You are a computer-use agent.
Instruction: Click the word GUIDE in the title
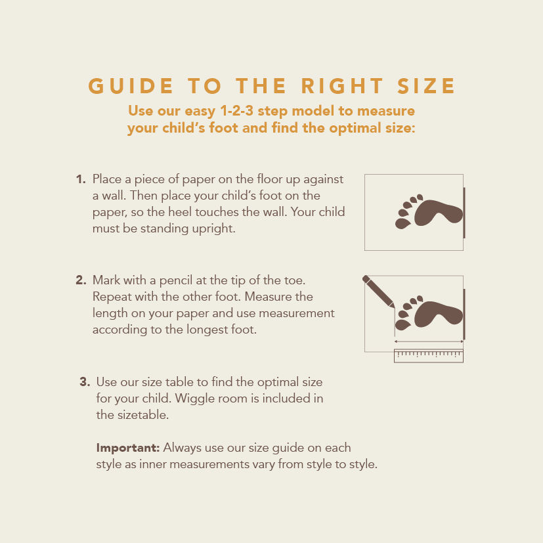click(131, 86)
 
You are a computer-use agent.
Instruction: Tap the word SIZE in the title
click(426, 86)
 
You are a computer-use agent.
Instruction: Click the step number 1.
click(81, 179)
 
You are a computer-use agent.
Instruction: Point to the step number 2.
click(81, 280)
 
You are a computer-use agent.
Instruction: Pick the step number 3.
click(85, 382)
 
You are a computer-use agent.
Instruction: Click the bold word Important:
click(128, 448)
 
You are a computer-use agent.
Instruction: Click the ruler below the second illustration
click(429, 356)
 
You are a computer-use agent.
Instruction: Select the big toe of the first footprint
click(402, 224)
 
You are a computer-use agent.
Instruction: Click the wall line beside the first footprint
click(464, 213)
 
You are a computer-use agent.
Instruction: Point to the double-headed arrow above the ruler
click(429, 341)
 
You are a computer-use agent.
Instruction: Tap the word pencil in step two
click(175, 281)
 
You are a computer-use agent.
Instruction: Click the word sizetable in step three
click(142, 415)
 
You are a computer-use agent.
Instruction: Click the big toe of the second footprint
click(402, 325)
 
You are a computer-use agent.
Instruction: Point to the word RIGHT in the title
click(342, 86)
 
